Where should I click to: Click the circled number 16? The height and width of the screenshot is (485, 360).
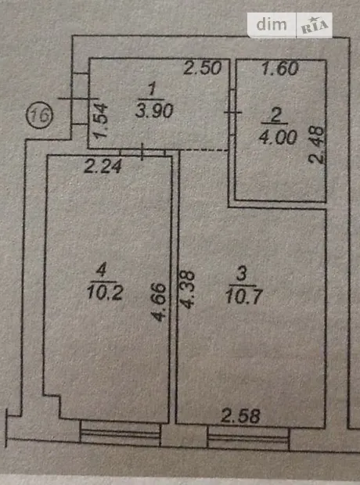point(39,115)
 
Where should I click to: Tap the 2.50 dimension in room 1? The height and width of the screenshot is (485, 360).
point(203,68)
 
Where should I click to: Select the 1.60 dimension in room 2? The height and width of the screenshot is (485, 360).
point(280,68)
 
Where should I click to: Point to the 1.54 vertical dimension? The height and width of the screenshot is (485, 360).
point(101,120)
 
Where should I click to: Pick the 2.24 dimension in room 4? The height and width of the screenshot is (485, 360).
point(103,167)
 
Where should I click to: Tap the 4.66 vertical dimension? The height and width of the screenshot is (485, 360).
point(159,303)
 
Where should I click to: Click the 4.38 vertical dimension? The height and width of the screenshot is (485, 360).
point(188,289)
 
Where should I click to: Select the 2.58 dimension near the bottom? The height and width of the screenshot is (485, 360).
point(240,416)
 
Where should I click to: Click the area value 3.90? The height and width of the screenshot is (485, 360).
point(154,111)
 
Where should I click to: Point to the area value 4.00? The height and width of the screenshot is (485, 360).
point(278,137)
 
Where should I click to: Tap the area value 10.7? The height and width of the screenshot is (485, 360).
point(244,297)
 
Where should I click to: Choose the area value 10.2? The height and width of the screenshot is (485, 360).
point(105,293)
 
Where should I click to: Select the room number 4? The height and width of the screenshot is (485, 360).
point(101,271)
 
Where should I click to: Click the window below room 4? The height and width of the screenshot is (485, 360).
point(120,433)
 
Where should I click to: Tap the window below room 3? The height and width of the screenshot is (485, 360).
point(248,438)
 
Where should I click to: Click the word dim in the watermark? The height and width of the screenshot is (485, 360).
point(272,24)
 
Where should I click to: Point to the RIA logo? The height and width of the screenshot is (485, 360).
point(315,26)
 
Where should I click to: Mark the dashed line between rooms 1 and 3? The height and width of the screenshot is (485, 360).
point(203,150)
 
